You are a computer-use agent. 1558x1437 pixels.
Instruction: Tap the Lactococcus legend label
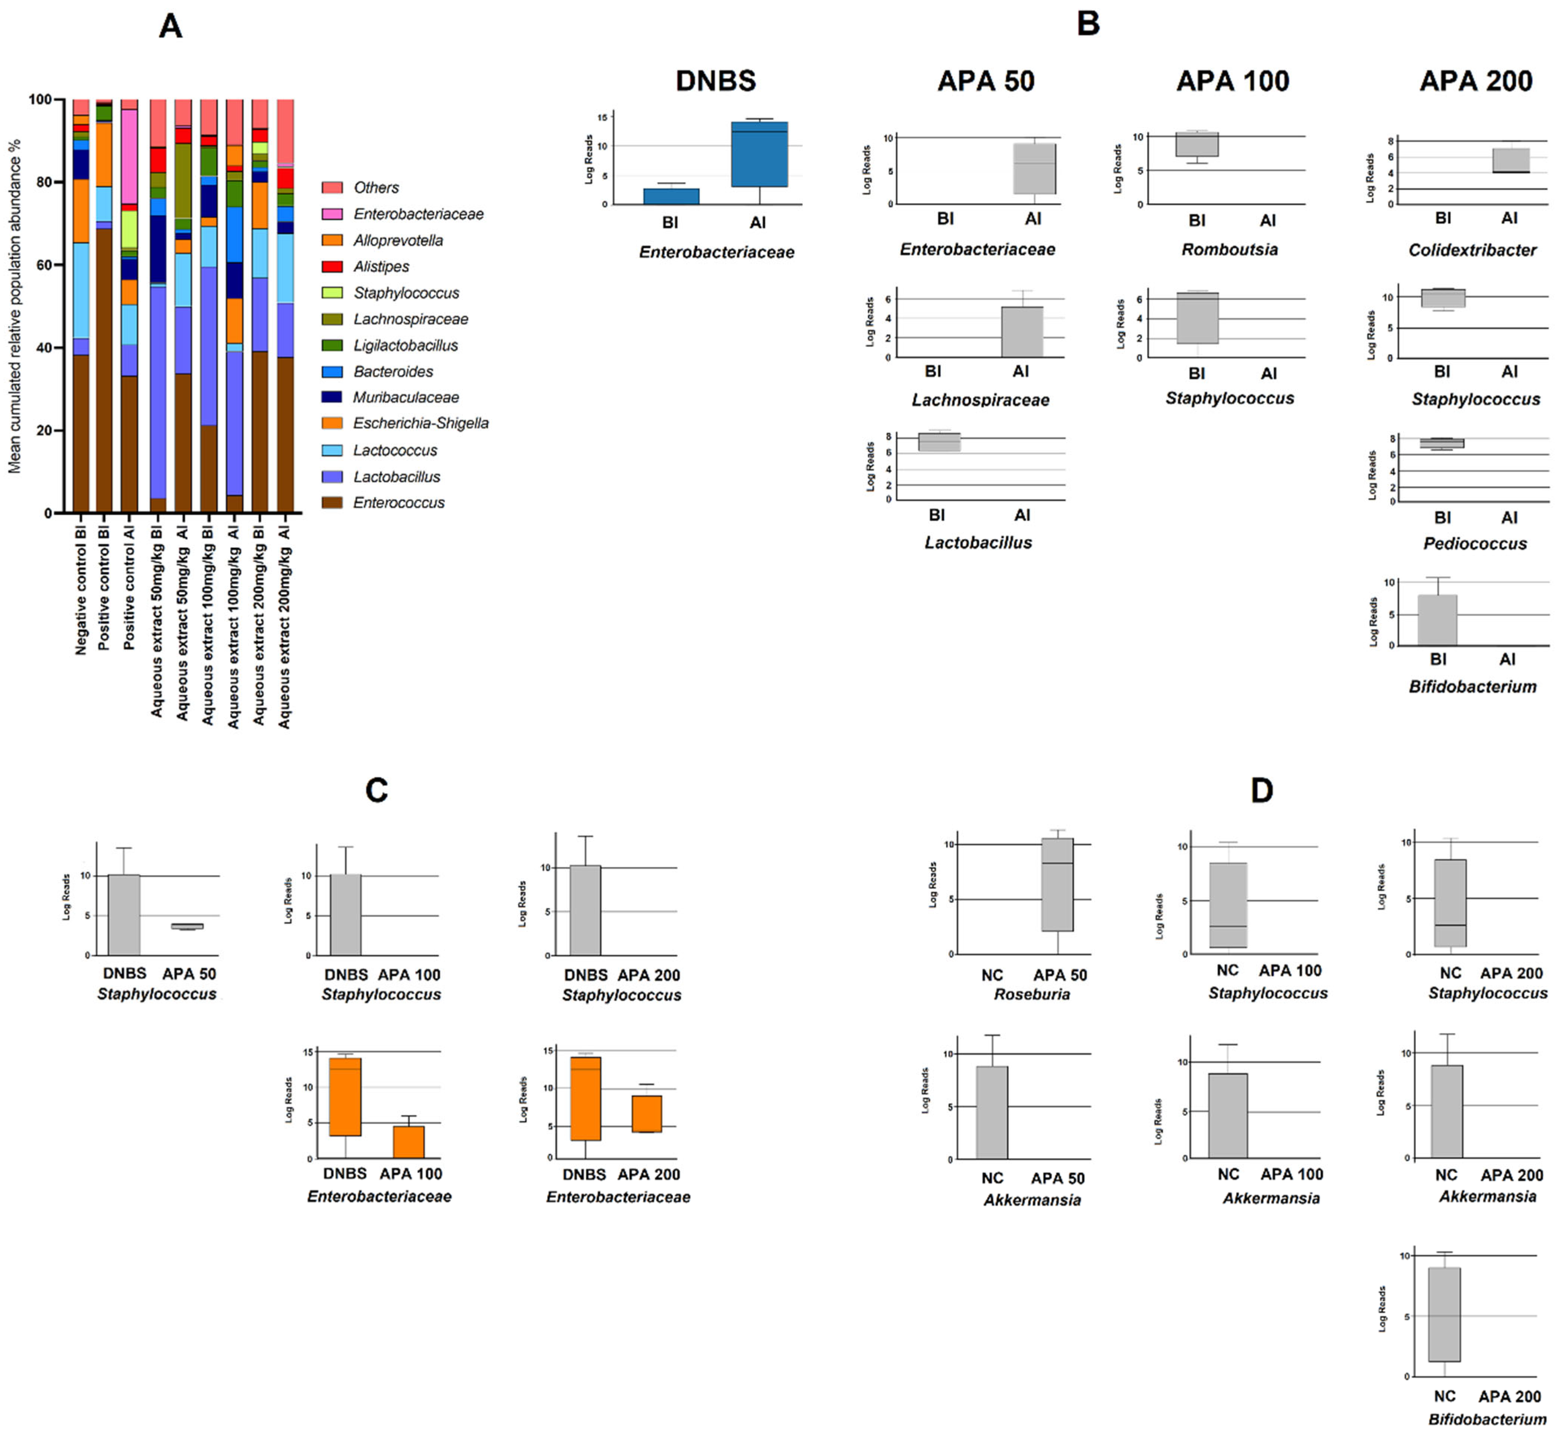395,450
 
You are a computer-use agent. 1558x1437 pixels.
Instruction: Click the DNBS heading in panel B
715,81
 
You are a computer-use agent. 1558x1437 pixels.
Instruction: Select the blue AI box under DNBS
759,154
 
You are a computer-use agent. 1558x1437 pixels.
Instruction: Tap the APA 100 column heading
1232,81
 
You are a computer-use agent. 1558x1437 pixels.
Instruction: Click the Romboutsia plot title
1229,250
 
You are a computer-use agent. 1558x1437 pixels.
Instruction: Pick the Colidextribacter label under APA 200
1472,250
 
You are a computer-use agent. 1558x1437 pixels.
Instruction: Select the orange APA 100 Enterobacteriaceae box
408,1141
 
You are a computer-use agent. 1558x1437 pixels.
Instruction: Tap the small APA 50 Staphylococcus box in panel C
187,926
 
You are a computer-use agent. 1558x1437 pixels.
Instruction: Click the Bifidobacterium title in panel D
1486,1419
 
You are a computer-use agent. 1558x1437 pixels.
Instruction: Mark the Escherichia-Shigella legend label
420,423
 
